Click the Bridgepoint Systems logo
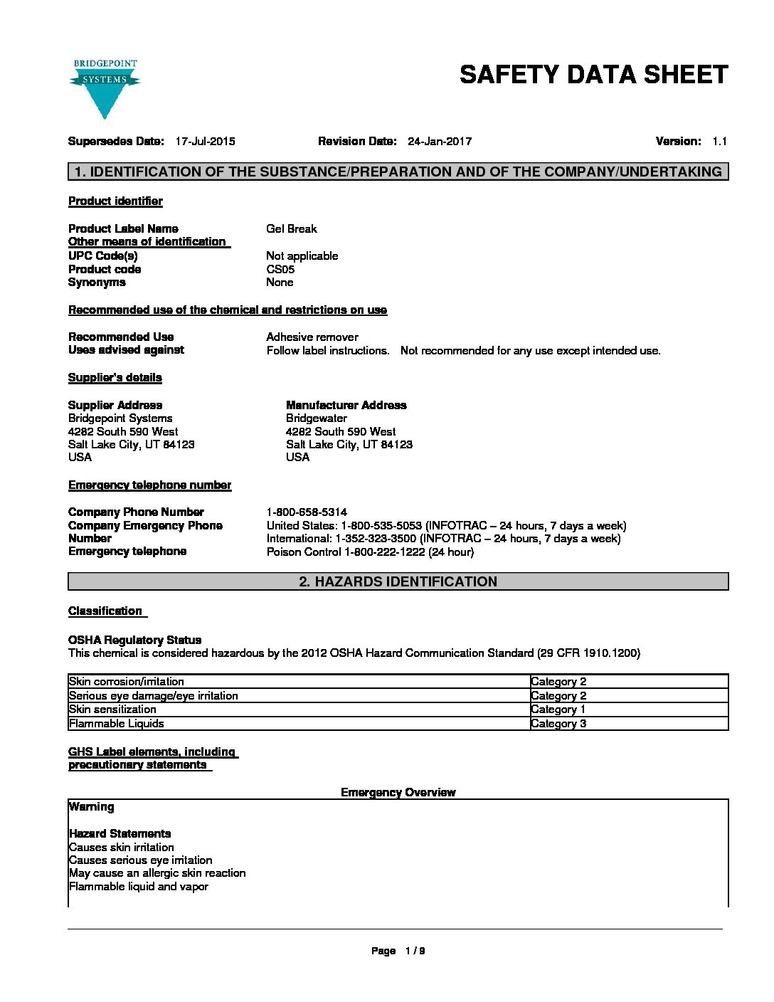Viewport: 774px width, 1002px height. click(x=105, y=88)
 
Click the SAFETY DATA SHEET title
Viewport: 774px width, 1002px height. click(x=593, y=75)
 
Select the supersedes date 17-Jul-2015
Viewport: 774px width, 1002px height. click(x=205, y=142)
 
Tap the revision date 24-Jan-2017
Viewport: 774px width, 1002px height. click(x=439, y=142)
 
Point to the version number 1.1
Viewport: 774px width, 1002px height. click(x=719, y=142)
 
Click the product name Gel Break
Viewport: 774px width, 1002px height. click(x=292, y=229)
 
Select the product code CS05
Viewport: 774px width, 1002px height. click(x=280, y=270)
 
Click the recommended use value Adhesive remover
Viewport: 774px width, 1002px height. click(x=312, y=337)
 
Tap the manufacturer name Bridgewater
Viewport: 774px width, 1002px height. click(x=317, y=418)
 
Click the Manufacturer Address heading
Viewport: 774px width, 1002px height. click(x=346, y=406)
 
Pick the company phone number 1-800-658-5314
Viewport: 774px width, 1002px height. click(x=307, y=512)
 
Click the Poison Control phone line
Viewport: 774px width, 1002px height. click(x=370, y=552)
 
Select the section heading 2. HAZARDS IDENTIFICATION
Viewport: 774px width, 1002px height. click(x=398, y=582)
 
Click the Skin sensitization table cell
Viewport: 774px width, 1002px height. click(x=112, y=710)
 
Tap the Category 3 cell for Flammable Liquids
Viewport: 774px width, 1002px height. click(x=558, y=724)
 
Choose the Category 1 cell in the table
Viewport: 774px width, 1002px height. click(x=558, y=710)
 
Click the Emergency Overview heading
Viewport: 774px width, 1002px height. click(x=398, y=793)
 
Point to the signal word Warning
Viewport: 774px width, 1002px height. click(x=91, y=807)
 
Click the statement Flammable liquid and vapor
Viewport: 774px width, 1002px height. click(x=139, y=887)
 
